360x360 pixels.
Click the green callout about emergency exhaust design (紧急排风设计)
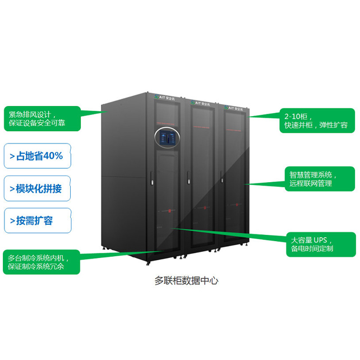point(41,118)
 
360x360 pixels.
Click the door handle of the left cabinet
point(152,181)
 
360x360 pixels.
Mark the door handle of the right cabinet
point(226,180)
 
